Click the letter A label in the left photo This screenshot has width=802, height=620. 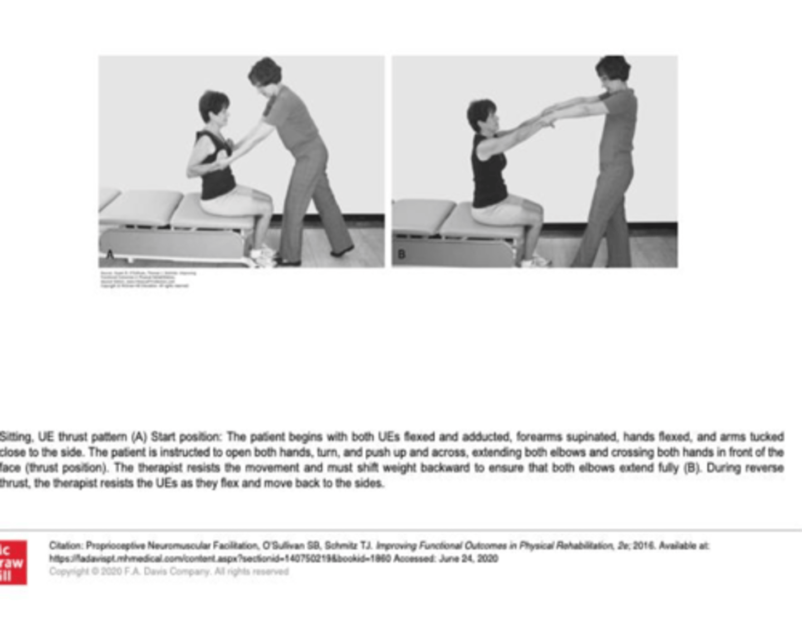pyautogui.click(x=110, y=255)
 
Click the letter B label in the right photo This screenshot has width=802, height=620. pyautogui.click(x=402, y=254)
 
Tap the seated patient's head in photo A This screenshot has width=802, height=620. pyautogui.click(x=214, y=107)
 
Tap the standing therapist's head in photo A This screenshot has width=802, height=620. pyautogui.click(x=265, y=72)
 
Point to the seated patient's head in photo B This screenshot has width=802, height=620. pyautogui.click(x=482, y=116)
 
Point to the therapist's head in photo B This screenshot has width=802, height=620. pyautogui.click(x=613, y=70)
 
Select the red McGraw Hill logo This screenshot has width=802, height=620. pyautogui.click(x=13, y=562)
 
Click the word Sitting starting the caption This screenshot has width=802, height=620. pyautogui.click(x=16, y=437)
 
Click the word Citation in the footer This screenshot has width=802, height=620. pyautogui.click(x=66, y=546)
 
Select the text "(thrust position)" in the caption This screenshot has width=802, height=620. pyautogui.click(x=66, y=468)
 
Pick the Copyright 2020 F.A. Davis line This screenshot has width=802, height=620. pyautogui.click(x=169, y=572)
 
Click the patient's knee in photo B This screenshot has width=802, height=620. pyautogui.click(x=535, y=209)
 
